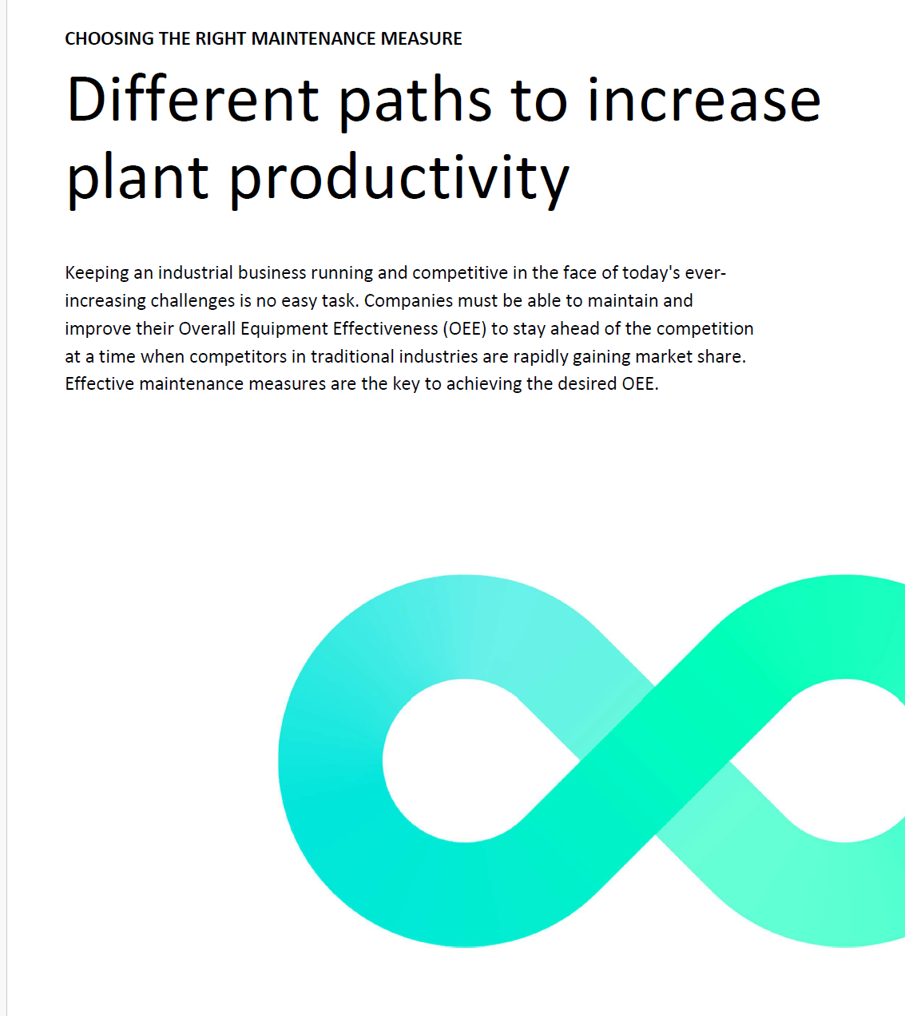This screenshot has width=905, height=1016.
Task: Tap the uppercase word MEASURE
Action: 422,38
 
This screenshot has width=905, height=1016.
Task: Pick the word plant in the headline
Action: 137,179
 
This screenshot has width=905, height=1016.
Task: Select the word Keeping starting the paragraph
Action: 97,273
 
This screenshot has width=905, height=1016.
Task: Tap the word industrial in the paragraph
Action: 196,273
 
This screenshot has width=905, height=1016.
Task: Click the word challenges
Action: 193,301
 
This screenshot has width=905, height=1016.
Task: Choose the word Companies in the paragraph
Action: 408,301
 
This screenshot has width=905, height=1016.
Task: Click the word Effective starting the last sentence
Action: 100,384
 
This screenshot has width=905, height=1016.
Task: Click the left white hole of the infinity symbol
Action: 466,760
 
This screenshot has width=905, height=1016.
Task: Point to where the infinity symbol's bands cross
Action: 655,760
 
